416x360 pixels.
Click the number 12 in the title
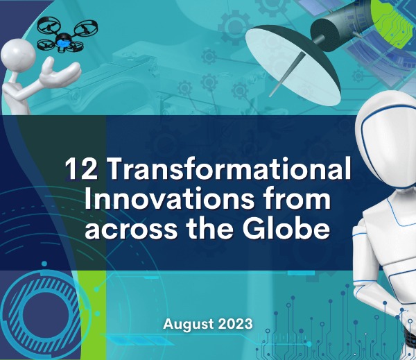click(x=78, y=169)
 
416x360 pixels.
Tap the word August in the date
click(x=187, y=323)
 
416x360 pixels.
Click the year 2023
click(x=234, y=323)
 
